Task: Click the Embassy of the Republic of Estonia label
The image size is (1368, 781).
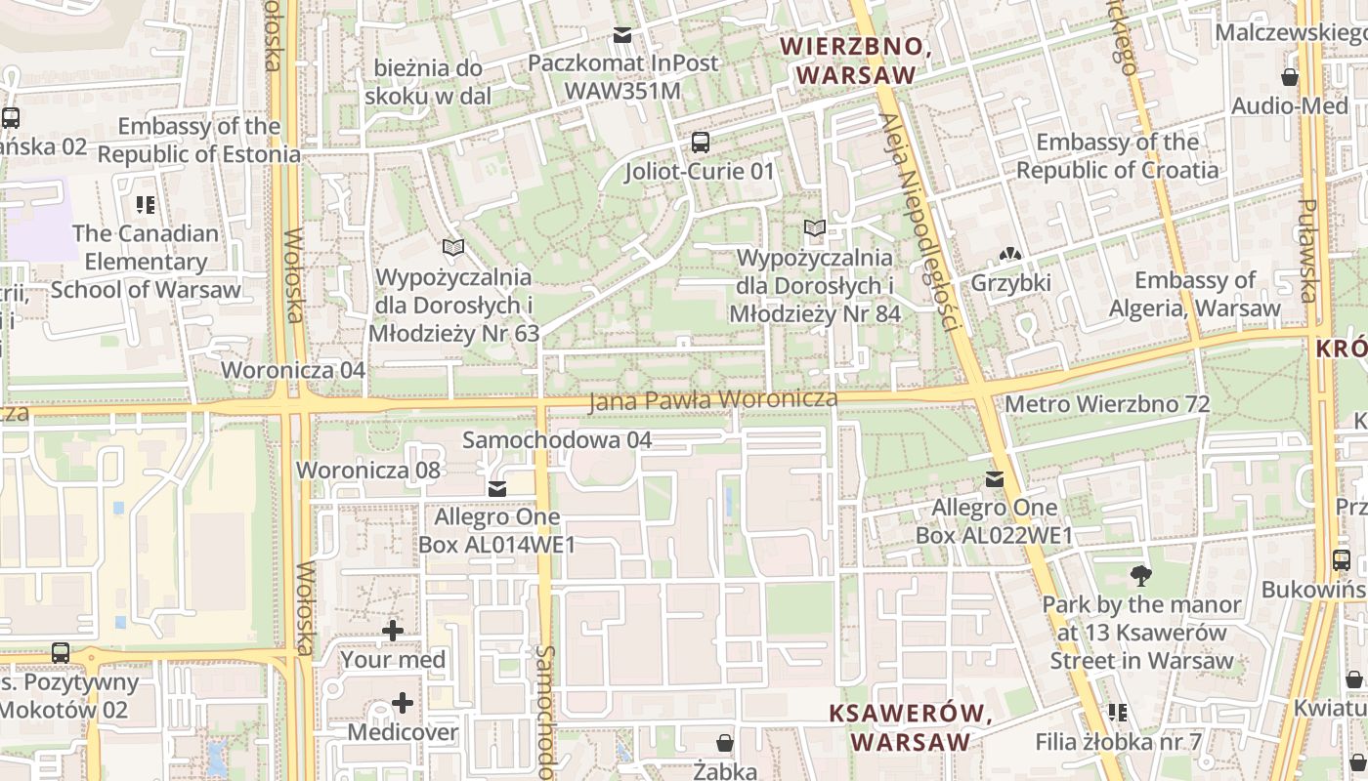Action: (x=198, y=141)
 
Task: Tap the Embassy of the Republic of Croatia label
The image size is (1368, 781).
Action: (x=1117, y=156)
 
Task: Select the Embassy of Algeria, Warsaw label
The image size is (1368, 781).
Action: (x=1194, y=295)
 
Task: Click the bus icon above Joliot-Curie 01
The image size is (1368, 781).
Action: (x=701, y=142)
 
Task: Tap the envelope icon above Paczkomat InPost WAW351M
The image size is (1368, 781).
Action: (x=621, y=36)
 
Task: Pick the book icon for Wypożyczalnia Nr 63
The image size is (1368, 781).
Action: (x=452, y=248)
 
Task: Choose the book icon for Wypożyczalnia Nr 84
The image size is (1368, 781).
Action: (x=814, y=229)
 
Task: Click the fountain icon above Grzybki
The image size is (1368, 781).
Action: (x=1010, y=255)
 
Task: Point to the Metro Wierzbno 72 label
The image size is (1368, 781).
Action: (x=1106, y=404)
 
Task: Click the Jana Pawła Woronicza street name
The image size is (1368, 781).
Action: (x=713, y=400)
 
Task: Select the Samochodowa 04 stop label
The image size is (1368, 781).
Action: (x=556, y=440)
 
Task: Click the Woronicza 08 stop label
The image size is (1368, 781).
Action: (x=368, y=470)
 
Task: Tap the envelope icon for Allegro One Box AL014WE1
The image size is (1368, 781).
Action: (x=497, y=488)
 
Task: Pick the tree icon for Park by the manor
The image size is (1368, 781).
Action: (x=1139, y=576)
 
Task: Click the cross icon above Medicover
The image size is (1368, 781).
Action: (x=403, y=703)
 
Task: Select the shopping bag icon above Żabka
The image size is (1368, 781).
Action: (x=725, y=744)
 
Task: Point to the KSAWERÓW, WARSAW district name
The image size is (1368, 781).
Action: (x=911, y=727)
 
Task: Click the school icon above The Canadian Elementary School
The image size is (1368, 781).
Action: (x=146, y=205)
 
